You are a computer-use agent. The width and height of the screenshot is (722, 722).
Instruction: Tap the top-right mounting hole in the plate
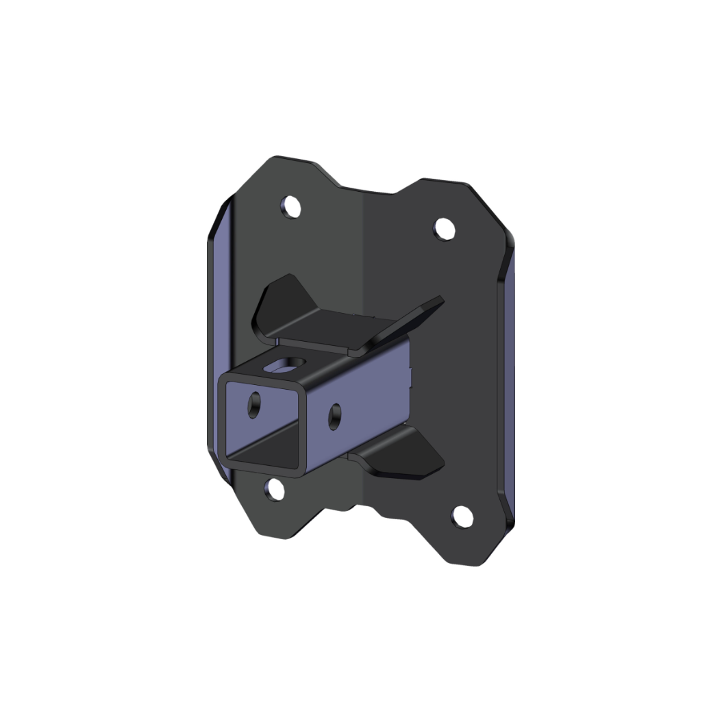(x=445, y=228)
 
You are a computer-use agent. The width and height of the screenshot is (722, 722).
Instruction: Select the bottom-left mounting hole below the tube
(x=275, y=489)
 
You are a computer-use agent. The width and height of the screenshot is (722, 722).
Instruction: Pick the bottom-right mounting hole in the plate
(x=463, y=516)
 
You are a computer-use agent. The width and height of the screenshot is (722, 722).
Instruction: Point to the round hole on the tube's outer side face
(x=335, y=416)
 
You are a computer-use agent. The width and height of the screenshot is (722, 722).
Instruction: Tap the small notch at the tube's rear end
(x=412, y=374)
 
